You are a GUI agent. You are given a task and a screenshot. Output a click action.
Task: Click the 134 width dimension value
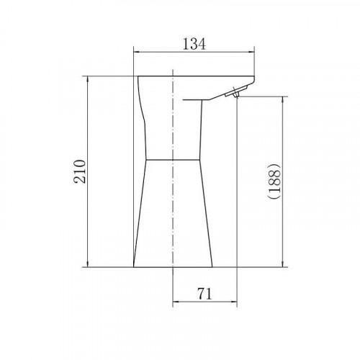click(x=194, y=44)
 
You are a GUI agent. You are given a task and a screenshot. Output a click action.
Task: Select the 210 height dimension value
click(x=80, y=171)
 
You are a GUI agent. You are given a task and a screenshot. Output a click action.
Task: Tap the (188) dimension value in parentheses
click(x=274, y=181)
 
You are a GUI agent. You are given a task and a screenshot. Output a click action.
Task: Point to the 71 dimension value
click(x=204, y=293)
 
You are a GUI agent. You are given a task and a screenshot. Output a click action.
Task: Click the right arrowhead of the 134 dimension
click(x=251, y=52)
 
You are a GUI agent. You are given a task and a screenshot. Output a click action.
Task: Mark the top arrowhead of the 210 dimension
click(x=88, y=80)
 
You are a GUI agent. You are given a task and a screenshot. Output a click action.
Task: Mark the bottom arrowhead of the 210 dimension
click(x=88, y=264)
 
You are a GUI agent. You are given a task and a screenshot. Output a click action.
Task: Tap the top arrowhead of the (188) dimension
click(x=283, y=100)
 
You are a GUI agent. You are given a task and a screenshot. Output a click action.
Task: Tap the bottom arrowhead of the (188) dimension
click(x=283, y=264)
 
